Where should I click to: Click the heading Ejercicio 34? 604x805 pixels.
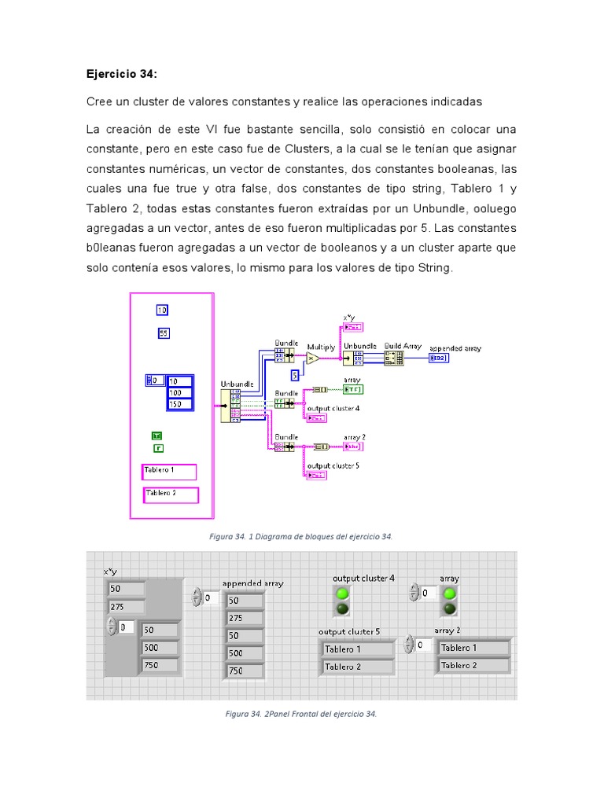[121, 74]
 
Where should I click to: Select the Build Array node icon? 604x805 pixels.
[393, 358]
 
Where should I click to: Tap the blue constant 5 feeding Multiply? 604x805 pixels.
[295, 374]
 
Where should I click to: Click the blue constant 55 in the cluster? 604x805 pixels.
[164, 333]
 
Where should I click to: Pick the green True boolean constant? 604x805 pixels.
[157, 436]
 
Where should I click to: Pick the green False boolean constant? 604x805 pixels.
[158, 448]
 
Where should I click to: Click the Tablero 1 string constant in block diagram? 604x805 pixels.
[168, 471]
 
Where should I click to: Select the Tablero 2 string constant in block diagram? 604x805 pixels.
[171, 494]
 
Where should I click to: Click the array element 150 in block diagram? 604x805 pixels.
[179, 403]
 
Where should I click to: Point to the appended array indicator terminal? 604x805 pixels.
[439, 358]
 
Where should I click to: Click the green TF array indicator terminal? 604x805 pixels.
[353, 389]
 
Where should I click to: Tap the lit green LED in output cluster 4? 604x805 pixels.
[343, 594]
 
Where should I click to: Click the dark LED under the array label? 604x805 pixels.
[449, 608]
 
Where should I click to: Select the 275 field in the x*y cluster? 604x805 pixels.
[126, 606]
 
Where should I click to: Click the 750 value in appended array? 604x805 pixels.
[245, 671]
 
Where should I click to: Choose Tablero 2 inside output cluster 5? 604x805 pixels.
[358, 667]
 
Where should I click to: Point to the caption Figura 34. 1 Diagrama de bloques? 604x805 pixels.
[300, 536]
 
